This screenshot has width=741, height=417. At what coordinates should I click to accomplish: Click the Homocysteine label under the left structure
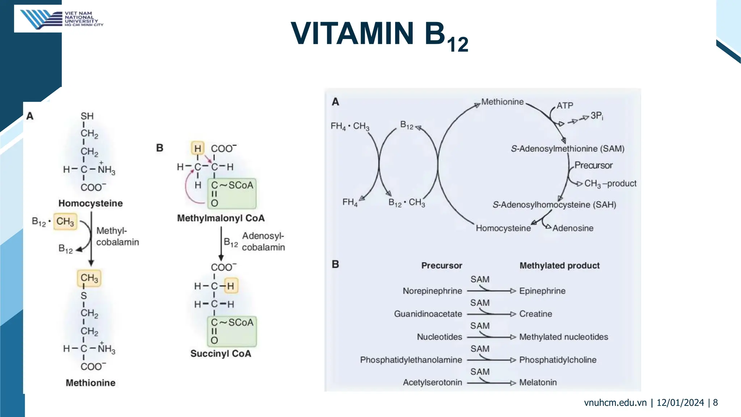[x=90, y=203]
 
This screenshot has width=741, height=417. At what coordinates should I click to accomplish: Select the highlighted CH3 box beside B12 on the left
[x=65, y=222]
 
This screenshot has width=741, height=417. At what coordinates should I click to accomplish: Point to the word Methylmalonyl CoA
[x=221, y=218]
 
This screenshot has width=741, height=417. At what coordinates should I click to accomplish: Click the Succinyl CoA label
[x=221, y=354]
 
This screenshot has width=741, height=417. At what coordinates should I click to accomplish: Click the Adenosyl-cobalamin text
[x=263, y=242]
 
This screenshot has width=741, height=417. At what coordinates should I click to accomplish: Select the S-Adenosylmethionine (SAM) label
[x=567, y=149]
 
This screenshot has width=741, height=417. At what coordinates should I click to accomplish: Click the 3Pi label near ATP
[x=597, y=116]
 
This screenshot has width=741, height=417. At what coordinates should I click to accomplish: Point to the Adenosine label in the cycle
[x=573, y=228]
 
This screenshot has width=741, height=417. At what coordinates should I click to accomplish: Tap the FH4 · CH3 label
[x=350, y=126]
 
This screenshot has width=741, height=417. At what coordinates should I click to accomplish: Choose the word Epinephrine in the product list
[x=542, y=291]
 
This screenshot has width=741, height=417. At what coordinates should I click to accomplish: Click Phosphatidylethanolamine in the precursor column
[x=411, y=360]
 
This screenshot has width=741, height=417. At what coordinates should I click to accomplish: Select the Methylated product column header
[x=559, y=266]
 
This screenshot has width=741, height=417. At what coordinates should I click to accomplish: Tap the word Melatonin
[x=538, y=383]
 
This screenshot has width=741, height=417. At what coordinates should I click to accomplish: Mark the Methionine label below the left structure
[x=90, y=383]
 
